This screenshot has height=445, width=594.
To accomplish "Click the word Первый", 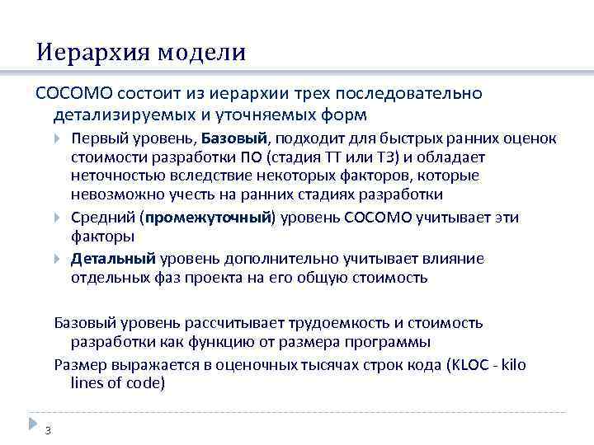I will (x=95, y=138).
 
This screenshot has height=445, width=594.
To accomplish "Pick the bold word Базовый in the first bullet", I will (x=235, y=138).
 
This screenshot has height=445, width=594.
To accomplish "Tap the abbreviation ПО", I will (x=252, y=157).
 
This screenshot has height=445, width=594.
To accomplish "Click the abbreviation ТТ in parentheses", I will (x=337, y=157).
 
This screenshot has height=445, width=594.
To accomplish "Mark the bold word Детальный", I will (x=113, y=259).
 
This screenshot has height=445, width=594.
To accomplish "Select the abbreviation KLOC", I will (x=467, y=364).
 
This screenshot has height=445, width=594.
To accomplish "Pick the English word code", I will (x=147, y=383).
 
